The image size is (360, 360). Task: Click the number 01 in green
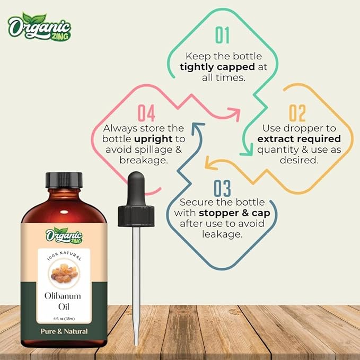222,35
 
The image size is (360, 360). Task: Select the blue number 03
223,189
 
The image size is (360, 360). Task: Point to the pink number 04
146,113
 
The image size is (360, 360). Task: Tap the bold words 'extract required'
298,139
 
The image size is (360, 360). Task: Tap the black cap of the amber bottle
63,180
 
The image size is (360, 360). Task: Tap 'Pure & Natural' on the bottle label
63,331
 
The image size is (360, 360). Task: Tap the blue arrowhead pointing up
197,126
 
